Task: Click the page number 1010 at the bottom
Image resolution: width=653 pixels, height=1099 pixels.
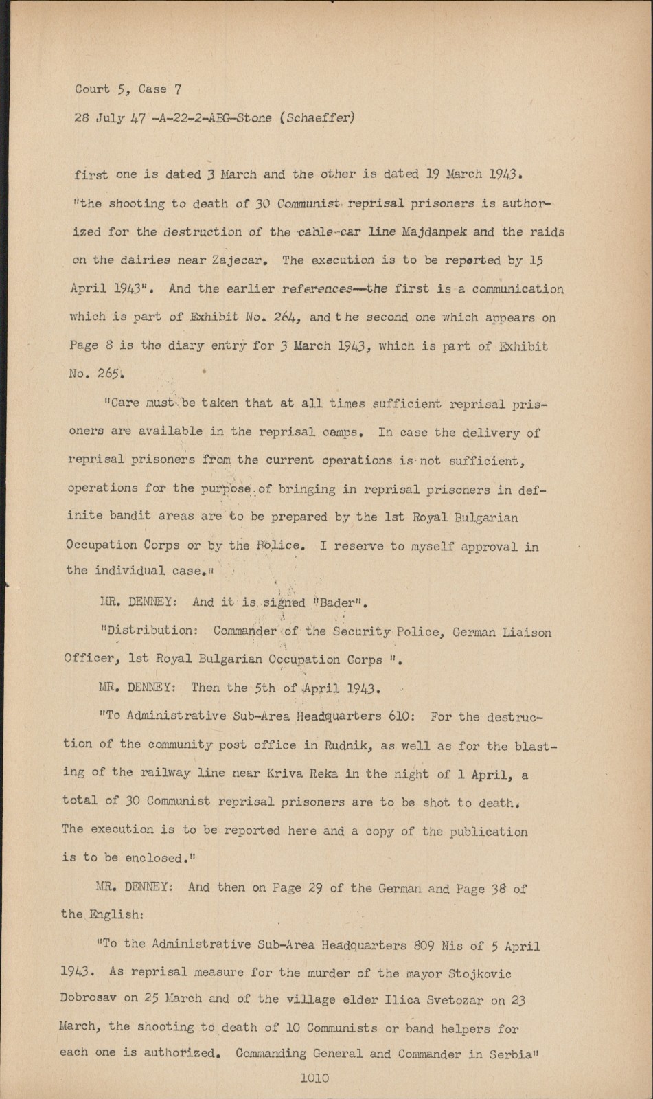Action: click(x=314, y=1078)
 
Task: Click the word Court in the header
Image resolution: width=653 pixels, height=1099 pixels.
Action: click(x=92, y=89)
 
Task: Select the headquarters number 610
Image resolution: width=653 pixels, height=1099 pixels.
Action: click(x=401, y=716)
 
